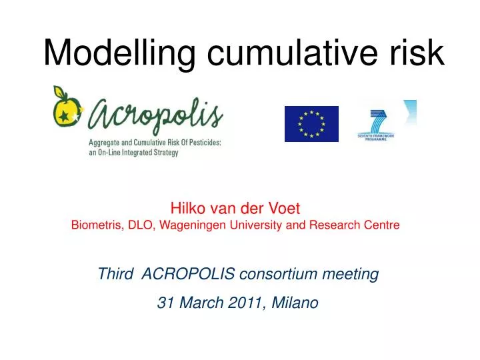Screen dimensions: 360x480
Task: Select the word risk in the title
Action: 419,53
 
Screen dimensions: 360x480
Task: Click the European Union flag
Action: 311,124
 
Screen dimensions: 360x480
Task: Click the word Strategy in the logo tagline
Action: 161,153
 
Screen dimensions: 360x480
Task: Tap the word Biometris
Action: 95,225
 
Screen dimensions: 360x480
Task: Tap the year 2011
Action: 244,303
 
